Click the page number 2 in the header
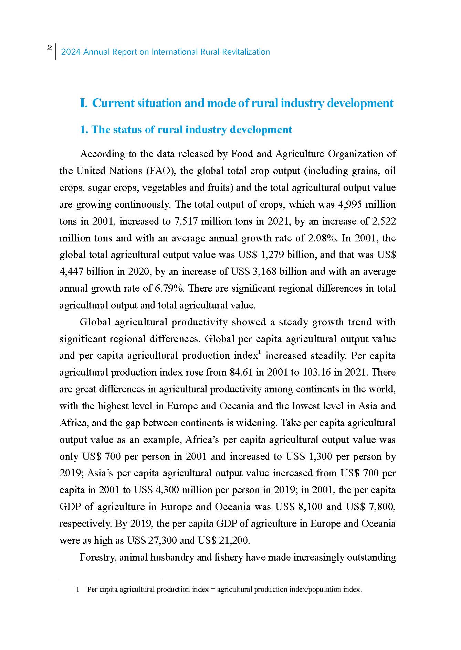[x=50, y=48]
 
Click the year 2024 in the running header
[x=71, y=52]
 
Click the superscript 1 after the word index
[x=260, y=352]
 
